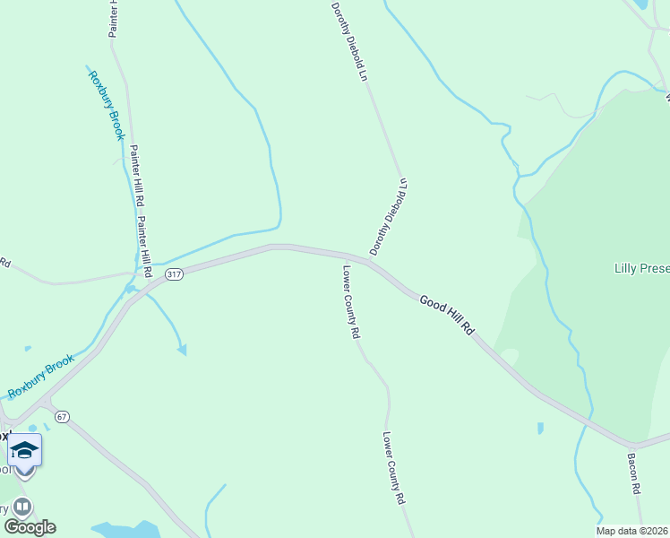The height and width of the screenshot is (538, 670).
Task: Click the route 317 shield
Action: point(175,274)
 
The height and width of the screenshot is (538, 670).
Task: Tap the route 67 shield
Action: point(62,417)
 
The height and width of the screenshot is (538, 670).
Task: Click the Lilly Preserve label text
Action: point(641,268)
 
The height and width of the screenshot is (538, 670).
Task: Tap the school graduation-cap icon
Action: point(24,450)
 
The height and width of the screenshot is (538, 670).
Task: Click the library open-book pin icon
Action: point(21,508)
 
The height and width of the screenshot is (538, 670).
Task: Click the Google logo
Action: point(30,527)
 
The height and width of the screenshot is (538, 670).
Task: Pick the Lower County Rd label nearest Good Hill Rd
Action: point(351,300)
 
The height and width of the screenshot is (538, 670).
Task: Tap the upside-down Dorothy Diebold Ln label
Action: point(388,216)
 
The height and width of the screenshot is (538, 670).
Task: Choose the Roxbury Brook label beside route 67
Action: point(41,377)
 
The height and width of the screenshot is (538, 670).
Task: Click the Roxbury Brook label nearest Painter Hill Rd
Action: point(105,105)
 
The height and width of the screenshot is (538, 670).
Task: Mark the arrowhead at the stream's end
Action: point(182,350)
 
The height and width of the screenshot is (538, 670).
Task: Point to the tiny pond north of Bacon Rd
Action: point(539,428)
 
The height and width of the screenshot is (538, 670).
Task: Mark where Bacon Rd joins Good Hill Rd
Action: point(631,446)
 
